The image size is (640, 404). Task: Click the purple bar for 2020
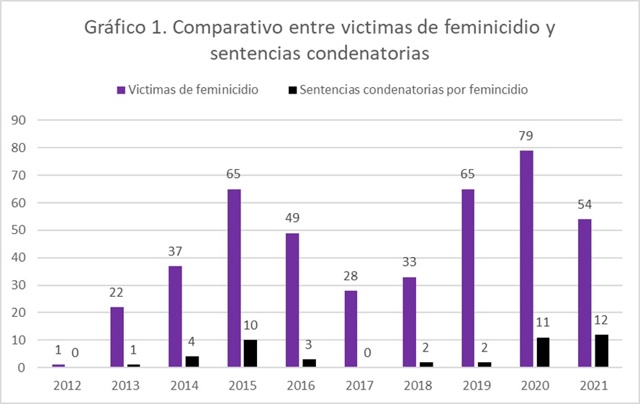526,259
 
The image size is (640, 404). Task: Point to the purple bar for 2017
351,329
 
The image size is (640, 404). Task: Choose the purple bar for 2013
117,337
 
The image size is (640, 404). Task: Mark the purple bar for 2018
409,322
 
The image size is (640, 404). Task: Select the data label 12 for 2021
602,320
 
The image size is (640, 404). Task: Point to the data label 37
174,251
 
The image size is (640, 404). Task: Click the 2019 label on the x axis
477,385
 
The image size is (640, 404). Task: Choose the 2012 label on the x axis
67,385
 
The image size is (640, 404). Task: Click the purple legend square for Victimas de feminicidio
121,91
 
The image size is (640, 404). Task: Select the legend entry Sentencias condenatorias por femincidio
413,90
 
